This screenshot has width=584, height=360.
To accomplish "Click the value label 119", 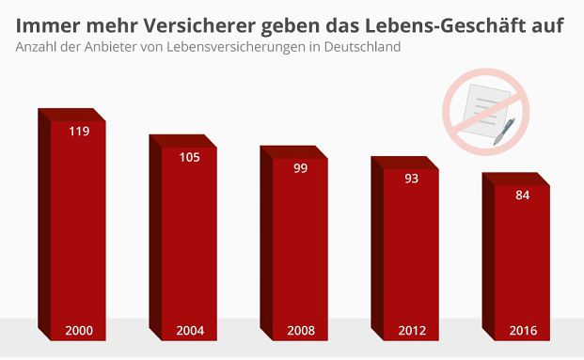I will point(79,132).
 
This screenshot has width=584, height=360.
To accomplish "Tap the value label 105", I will point(189,157).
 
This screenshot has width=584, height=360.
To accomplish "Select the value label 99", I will point(301,168).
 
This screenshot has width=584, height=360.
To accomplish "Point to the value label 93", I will point(411,179).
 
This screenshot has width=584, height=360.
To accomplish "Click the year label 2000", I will point(79,331).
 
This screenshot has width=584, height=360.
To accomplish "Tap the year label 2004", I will point(190,331).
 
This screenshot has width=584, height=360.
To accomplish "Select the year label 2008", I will point(301,331).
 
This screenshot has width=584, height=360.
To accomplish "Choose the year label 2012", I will point(412,331).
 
